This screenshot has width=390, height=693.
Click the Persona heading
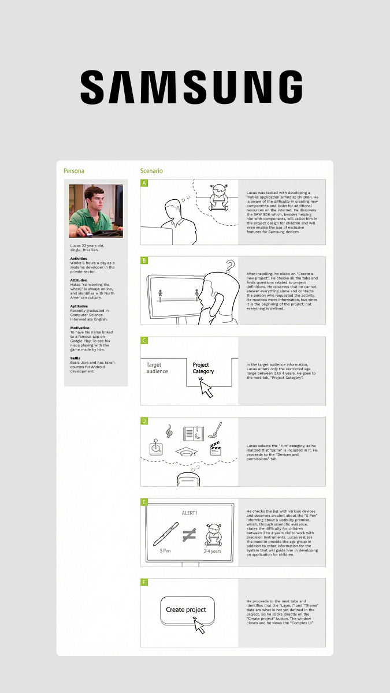point(74,171)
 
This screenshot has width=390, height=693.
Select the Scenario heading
point(151,171)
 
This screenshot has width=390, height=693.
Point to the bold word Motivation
point(80,327)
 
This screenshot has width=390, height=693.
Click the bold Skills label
point(75,358)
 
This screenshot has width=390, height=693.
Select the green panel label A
point(144,183)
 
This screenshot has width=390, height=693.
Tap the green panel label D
point(144,421)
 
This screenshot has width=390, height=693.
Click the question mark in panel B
point(230,266)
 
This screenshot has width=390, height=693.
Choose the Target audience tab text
point(157,368)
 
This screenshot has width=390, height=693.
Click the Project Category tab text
point(203,368)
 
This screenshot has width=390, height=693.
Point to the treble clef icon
point(169,431)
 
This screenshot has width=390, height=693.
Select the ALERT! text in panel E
point(190,512)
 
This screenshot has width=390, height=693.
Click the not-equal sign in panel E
point(188,535)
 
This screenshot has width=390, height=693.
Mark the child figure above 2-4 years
point(213,534)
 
